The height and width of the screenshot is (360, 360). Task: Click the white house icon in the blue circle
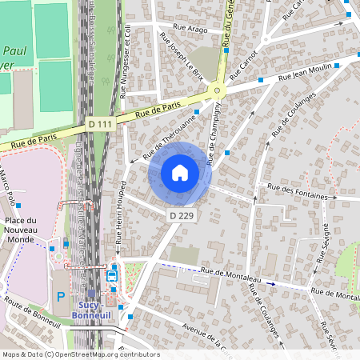click(180, 172)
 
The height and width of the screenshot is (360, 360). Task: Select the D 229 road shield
click(180, 216)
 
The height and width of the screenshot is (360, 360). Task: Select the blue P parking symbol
click(62, 296)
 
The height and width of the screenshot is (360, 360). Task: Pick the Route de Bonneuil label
click(32, 313)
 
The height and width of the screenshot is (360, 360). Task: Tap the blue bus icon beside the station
click(112, 276)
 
